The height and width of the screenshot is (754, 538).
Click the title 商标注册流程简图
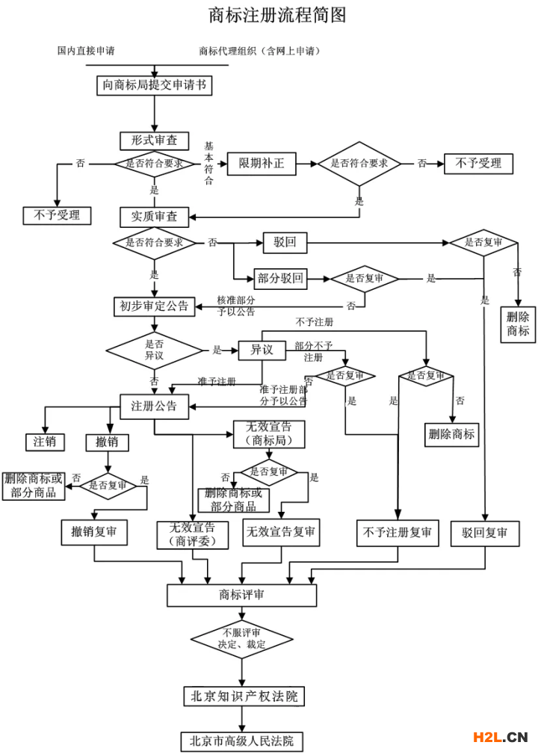(x=277, y=15)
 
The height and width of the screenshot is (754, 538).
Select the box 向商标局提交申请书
(x=155, y=86)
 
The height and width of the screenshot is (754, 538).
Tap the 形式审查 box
(x=155, y=141)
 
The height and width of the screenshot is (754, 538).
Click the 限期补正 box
(x=262, y=164)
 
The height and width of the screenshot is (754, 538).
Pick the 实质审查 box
(x=155, y=217)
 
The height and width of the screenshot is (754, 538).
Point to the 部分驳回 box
(x=280, y=279)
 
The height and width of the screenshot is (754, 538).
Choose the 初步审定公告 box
(x=155, y=306)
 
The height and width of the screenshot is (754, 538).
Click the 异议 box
(x=262, y=350)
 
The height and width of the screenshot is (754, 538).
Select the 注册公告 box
(x=155, y=407)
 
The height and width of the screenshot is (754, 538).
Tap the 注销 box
(x=45, y=442)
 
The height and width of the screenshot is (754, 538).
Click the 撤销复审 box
(x=94, y=532)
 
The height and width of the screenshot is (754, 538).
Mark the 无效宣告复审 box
(x=281, y=532)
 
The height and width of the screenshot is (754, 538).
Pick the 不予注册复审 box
(x=398, y=533)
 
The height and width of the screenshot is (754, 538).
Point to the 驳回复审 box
(x=485, y=534)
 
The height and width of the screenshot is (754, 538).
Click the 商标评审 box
(x=242, y=596)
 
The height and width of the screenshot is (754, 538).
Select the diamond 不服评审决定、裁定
(x=242, y=639)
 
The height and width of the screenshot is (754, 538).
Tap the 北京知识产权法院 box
(x=244, y=696)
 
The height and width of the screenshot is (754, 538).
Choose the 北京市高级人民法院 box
(x=242, y=741)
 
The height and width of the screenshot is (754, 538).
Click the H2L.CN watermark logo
(x=501, y=737)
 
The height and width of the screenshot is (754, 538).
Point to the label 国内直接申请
(x=86, y=51)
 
